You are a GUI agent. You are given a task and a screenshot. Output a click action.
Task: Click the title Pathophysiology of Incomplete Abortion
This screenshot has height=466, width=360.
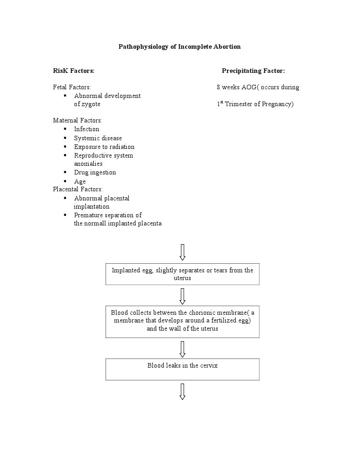tap(179, 46)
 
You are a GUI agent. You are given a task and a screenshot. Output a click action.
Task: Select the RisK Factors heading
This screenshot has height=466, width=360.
tap(74, 71)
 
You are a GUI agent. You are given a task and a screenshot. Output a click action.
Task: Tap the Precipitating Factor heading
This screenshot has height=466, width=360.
tap(253, 71)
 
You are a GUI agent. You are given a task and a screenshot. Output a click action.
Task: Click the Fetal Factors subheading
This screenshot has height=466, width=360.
tap(72, 87)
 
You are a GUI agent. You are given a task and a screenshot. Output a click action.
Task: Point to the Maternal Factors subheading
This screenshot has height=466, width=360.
tap(77, 121)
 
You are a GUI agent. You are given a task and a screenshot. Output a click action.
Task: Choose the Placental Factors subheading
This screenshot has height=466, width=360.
tap(78, 189)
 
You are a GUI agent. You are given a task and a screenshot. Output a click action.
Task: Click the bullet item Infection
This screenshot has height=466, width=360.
tap(86, 129)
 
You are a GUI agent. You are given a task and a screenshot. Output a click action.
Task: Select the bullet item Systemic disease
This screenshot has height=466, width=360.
tap(98, 138)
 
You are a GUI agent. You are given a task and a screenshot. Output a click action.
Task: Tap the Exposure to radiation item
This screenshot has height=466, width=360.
tap(104, 147)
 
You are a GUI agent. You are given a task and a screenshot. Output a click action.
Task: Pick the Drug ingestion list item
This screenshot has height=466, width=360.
tap(95, 173)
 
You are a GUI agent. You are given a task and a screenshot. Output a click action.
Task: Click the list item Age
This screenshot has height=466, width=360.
tap(80, 181)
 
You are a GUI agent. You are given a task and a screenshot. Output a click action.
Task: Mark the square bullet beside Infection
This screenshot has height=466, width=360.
tap(65, 129)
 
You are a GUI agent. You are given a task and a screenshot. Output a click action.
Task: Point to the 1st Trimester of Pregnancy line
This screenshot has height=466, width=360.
tap(255, 104)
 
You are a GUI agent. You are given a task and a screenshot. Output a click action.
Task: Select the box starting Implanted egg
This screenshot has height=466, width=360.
tap(182, 274)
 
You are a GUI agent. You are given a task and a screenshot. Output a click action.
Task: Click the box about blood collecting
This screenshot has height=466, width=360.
tap(182, 321)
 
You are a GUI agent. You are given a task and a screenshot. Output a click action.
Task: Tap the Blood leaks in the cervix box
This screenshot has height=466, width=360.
tap(182, 369)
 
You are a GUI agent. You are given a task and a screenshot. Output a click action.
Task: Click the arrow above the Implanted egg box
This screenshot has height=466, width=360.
tap(183, 252)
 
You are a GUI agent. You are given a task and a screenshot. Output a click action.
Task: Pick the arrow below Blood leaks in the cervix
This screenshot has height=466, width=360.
tap(183, 391)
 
